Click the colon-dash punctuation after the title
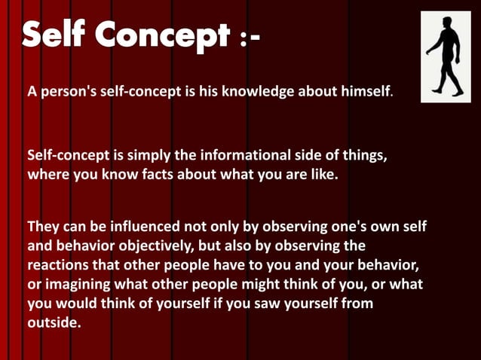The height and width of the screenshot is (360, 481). (248, 38)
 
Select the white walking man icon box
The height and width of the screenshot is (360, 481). (445, 56)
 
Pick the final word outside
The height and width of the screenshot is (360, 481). (53, 323)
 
